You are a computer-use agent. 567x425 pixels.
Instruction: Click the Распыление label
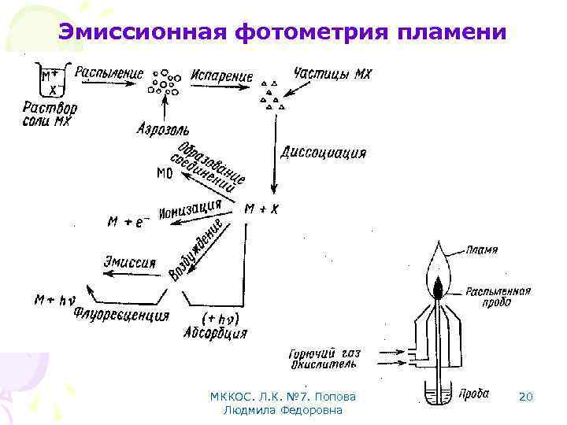(x=109, y=73)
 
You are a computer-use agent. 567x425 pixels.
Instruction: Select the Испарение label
(x=221, y=77)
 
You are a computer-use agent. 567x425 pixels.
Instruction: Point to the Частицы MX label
(x=332, y=73)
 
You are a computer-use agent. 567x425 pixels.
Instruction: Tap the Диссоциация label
(x=324, y=153)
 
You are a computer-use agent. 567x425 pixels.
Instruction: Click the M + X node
(x=261, y=209)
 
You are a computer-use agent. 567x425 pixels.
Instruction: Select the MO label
(x=165, y=173)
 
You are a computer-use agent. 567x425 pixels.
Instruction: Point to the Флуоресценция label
(x=122, y=316)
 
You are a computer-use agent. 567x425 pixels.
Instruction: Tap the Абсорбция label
(x=218, y=333)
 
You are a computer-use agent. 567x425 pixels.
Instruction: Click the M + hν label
(x=54, y=299)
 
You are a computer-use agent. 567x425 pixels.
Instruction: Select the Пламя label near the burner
(x=481, y=250)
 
